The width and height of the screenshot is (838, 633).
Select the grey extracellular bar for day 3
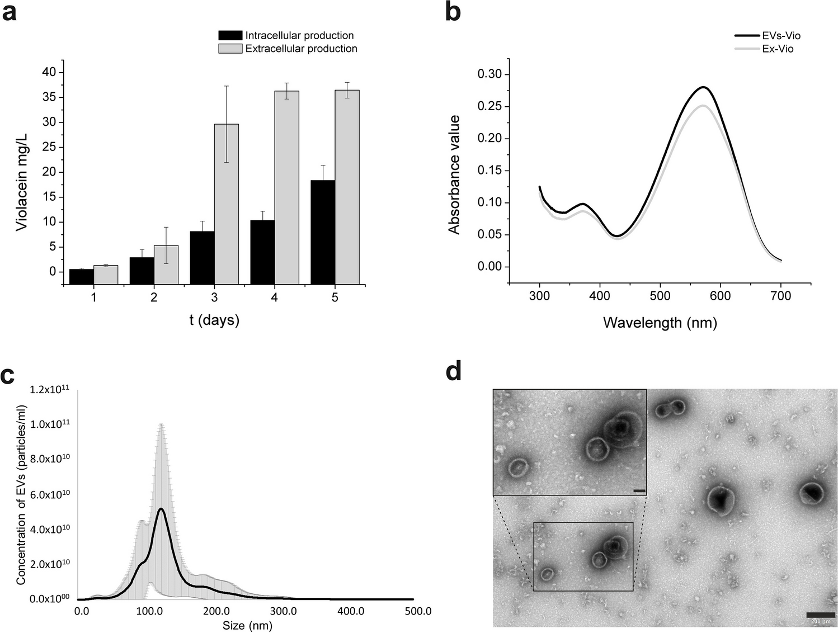[227, 204]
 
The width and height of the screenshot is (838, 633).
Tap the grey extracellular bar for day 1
[106, 275]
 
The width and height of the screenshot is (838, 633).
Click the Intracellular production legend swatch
[230, 35]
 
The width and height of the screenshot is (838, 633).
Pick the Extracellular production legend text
[301, 49]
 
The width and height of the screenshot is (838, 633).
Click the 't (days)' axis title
[214, 320]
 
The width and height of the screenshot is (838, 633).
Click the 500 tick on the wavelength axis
[660, 296]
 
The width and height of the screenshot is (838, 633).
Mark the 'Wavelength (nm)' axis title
[660, 323]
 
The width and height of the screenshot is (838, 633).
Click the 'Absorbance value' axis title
[454, 174]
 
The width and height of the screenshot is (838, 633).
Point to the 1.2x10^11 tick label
[50, 389]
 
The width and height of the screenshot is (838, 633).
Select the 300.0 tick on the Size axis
[284, 611]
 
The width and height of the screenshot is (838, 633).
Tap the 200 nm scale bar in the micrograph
[821, 616]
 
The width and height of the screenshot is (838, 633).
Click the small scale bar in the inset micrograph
[639, 491]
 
